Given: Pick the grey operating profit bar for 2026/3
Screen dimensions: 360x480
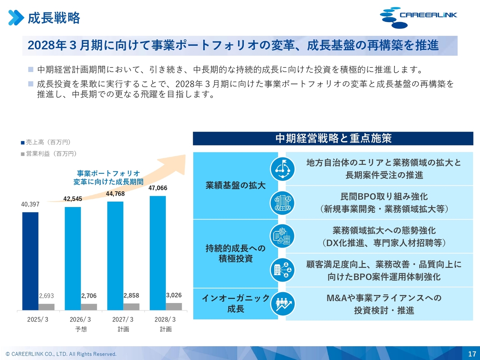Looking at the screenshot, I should tap(89, 307).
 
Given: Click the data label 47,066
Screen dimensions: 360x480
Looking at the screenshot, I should tap(158, 188).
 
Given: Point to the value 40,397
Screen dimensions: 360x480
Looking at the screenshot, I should tap(30, 204).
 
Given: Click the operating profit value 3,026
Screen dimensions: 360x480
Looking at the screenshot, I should tap(174, 295).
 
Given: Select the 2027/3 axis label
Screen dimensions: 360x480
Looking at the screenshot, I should tap(123, 319).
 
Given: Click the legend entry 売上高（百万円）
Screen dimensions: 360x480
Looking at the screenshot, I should tap(46, 142).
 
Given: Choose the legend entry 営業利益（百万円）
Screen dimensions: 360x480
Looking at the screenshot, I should tap(49, 154).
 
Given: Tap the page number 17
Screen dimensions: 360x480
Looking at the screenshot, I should tap(472, 354).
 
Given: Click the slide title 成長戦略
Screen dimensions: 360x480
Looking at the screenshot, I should tap(54, 18).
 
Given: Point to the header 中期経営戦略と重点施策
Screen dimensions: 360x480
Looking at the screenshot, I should tap(333, 138).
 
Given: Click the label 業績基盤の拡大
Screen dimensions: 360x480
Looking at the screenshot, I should tap(235, 185).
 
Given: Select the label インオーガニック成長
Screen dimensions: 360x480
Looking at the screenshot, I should tap(235, 303).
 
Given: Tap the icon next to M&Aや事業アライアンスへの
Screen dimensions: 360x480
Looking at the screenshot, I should tap(283, 304).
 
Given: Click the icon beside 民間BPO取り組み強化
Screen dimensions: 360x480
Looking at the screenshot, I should tap(283, 203).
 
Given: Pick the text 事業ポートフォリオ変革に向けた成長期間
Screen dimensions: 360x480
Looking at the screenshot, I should tap(108, 178).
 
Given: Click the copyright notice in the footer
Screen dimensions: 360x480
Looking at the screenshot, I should tap(61, 354).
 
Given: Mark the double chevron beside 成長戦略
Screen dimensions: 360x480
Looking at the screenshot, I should tap(16, 18).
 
